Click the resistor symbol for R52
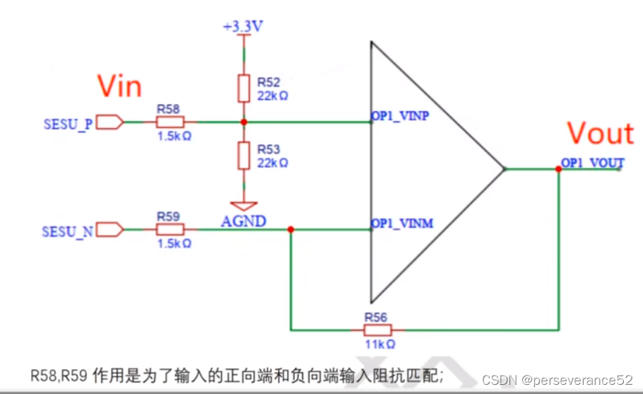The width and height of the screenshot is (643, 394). pyautogui.click(x=244, y=88)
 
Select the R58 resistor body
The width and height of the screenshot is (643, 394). pyautogui.click(x=169, y=122)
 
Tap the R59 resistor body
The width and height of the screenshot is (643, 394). pyautogui.click(x=169, y=229)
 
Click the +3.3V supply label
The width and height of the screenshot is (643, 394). pyautogui.click(x=244, y=26)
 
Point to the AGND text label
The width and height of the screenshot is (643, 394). pyautogui.click(x=244, y=221)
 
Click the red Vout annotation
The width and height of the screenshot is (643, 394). pyautogui.click(x=600, y=134)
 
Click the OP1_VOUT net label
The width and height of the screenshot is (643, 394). pyautogui.click(x=592, y=161)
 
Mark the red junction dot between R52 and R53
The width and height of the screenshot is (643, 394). pyautogui.click(x=244, y=122)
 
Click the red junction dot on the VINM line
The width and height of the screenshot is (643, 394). pyautogui.click(x=291, y=229)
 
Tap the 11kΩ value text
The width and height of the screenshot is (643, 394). pyautogui.click(x=379, y=343)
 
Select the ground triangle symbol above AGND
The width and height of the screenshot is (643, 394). pyautogui.click(x=244, y=206)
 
